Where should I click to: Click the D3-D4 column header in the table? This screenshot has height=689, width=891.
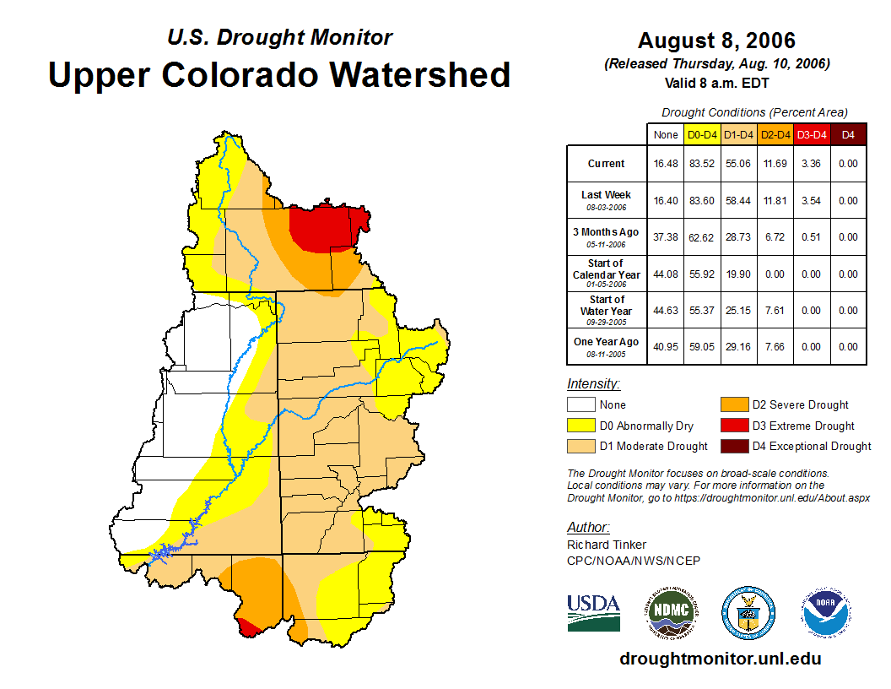(x=812, y=134)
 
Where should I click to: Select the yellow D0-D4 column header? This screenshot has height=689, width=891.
(x=702, y=134)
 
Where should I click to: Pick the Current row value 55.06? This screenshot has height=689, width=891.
(x=738, y=164)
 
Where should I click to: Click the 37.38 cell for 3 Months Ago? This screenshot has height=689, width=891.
(x=665, y=237)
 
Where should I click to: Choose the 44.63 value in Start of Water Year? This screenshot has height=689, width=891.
(x=665, y=311)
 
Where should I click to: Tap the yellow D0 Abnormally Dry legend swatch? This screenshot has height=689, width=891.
(x=580, y=426)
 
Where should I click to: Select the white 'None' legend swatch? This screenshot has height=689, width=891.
(x=580, y=404)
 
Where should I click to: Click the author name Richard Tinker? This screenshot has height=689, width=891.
(x=606, y=545)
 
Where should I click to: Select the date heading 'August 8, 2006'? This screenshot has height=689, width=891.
(x=716, y=41)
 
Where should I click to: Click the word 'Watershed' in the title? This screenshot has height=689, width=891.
(x=420, y=75)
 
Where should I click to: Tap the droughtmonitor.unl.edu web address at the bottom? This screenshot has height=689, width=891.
(x=720, y=659)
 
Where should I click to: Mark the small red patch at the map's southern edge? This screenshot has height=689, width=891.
(x=248, y=627)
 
